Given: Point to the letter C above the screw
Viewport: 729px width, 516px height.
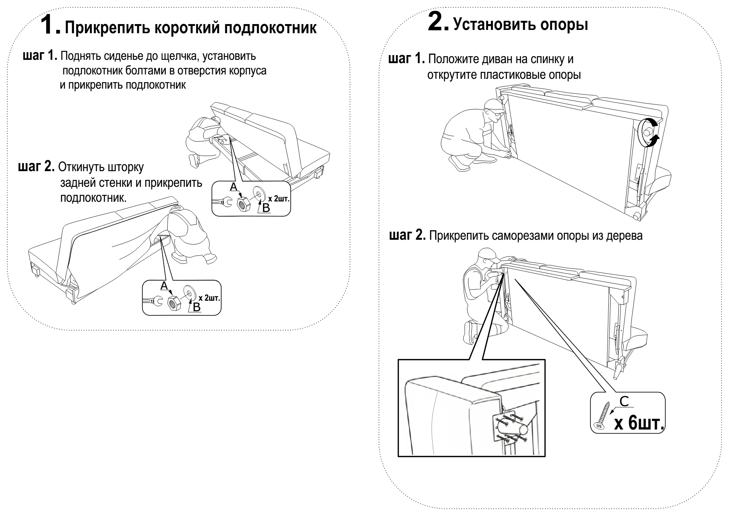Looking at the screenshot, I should click(624, 401).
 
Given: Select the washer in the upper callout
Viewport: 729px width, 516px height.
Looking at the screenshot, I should click(260, 194).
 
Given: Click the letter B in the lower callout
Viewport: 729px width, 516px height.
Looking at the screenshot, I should click(196, 307).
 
